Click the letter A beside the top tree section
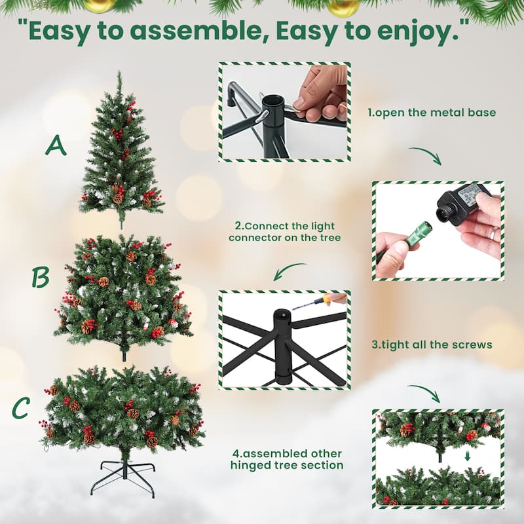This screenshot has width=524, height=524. (56, 145)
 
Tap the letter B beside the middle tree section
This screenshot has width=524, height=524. (41, 277)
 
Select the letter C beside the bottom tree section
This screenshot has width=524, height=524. (21, 407)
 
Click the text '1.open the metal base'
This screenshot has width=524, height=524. (432, 113)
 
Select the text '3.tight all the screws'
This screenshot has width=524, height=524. (432, 345)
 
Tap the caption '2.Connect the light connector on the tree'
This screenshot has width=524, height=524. (284, 232)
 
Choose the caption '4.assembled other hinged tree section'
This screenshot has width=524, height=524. (287, 459)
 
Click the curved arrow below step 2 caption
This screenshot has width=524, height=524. (289, 269)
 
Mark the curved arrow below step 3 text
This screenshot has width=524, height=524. (424, 392)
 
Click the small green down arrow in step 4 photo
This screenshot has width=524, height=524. (467, 457)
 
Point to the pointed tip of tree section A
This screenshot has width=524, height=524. (119, 72)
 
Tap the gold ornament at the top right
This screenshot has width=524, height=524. (343, 8)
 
